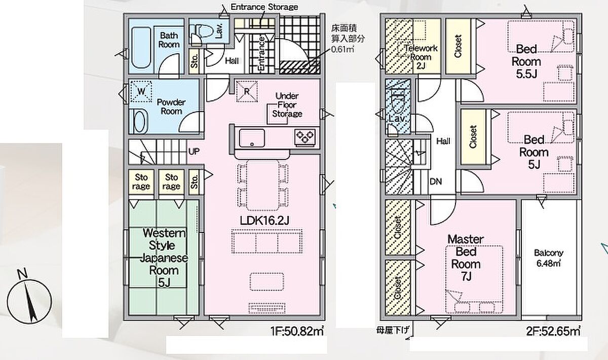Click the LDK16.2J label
pyautogui.click(x=264, y=221)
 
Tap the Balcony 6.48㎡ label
pyautogui.click(x=549, y=258)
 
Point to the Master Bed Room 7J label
pyautogui.click(x=466, y=258)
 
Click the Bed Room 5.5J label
pyautogui.click(x=526, y=62)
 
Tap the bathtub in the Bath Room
pyautogui.click(x=141, y=48)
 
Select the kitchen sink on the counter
pyautogui.click(x=252, y=138)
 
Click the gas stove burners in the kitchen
pyautogui.click(x=305, y=136)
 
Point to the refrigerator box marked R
pyautogui.click(x=247, y=92)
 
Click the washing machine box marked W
pyautogui.click(x=141, y=91)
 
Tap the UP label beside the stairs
pyautogui.click(x=194, y=152)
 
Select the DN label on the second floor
pyautogui.click(x=436, y=182)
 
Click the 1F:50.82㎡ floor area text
pyautogui.click(x=297, y=332)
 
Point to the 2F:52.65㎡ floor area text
pyautogui.click(x=553, y=332)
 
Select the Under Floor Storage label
pyautogui.click(x=287, y=105)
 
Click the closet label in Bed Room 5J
pyautogui.click(x=473, y=137)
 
